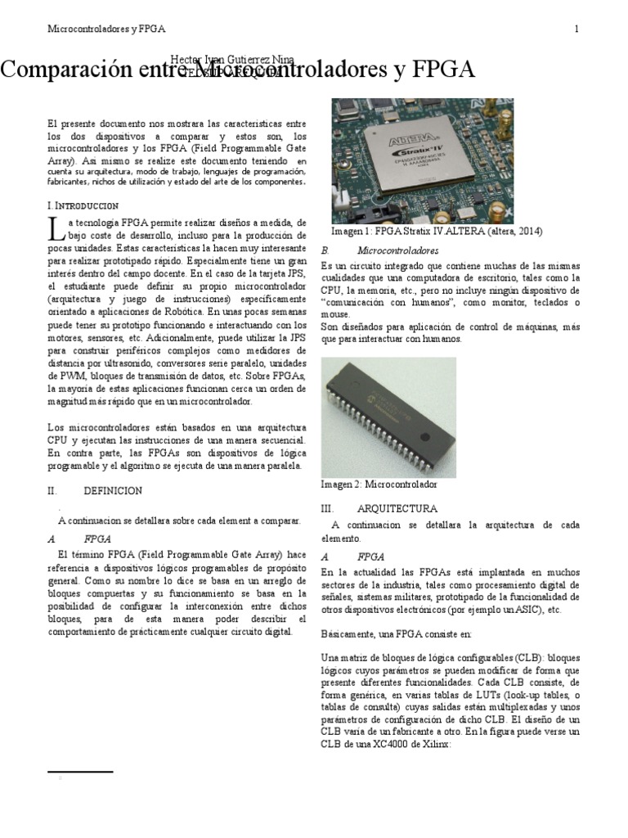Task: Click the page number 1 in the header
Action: (x=576, y=29)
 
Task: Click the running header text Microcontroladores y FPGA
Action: (x=106, y=29)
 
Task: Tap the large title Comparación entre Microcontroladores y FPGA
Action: (x=237, y=70)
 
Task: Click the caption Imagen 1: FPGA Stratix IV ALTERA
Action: (x=424, y=232)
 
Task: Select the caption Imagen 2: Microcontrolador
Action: (x=379, y=484)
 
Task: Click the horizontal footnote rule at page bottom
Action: (x=80, y=771)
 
